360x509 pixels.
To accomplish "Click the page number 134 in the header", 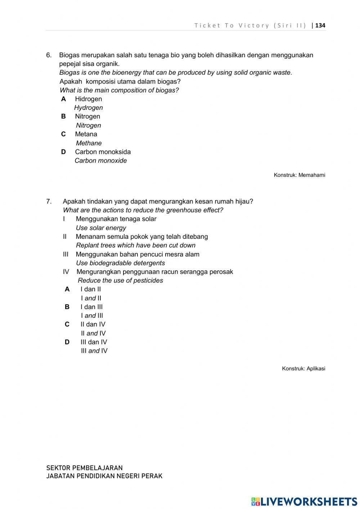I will [x=320, y=25].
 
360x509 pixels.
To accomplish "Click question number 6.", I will [x=49, y=55].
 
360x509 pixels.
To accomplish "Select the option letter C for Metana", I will [x=63, y=134].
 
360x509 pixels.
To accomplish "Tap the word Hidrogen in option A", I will [x=88, y=99].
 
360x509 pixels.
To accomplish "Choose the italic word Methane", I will [x=89, y=143].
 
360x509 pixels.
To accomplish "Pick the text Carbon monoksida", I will [x=103, y=152].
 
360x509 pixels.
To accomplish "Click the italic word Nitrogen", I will [x=88, y=125].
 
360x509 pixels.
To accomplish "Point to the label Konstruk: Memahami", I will [x=299, y=175].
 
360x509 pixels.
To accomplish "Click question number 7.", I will [x=49, y=201].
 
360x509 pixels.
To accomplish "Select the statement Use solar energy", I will [x=101, y=228].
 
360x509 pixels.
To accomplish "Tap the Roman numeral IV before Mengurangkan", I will [x=66, y=272].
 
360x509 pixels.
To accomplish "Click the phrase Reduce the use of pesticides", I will [x=120, y=280].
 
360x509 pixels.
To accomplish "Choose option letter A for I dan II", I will [x=67, y=289].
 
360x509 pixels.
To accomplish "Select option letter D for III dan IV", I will [x=67, y=342].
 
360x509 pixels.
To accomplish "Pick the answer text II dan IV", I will [x=93, y=324].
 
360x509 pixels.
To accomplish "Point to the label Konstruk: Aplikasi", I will [x=303, y=369].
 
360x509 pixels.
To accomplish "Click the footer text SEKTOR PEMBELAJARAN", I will [x=84, y=468].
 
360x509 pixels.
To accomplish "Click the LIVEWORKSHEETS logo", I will [x=304, y=501].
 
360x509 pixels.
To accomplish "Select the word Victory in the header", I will [x=254, y=25].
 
